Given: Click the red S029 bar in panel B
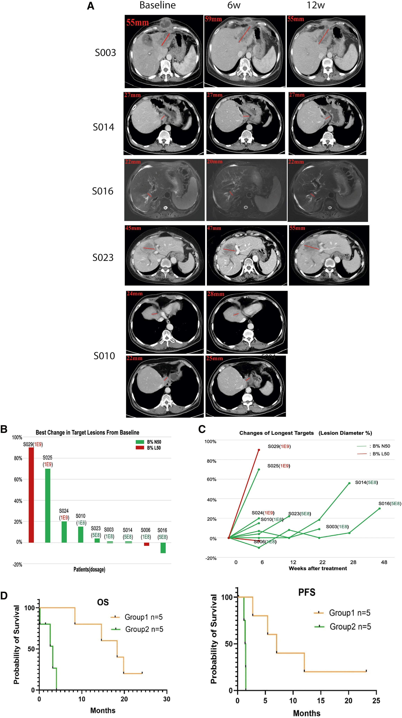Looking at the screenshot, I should coord(31,495).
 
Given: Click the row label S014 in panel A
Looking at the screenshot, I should coord(103,127).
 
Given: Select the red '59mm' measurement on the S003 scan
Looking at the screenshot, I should coord(213,19).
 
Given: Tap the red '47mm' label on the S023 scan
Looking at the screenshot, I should coord(214,228).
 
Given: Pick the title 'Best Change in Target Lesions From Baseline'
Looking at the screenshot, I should coord(87,432).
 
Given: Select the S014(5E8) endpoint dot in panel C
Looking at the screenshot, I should coord(349,483).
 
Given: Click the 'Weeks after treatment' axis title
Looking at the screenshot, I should coord(318,568).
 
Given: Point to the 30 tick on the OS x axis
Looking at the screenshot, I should coord(167,699).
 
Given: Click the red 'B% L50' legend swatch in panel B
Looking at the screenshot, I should coord(140,448).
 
